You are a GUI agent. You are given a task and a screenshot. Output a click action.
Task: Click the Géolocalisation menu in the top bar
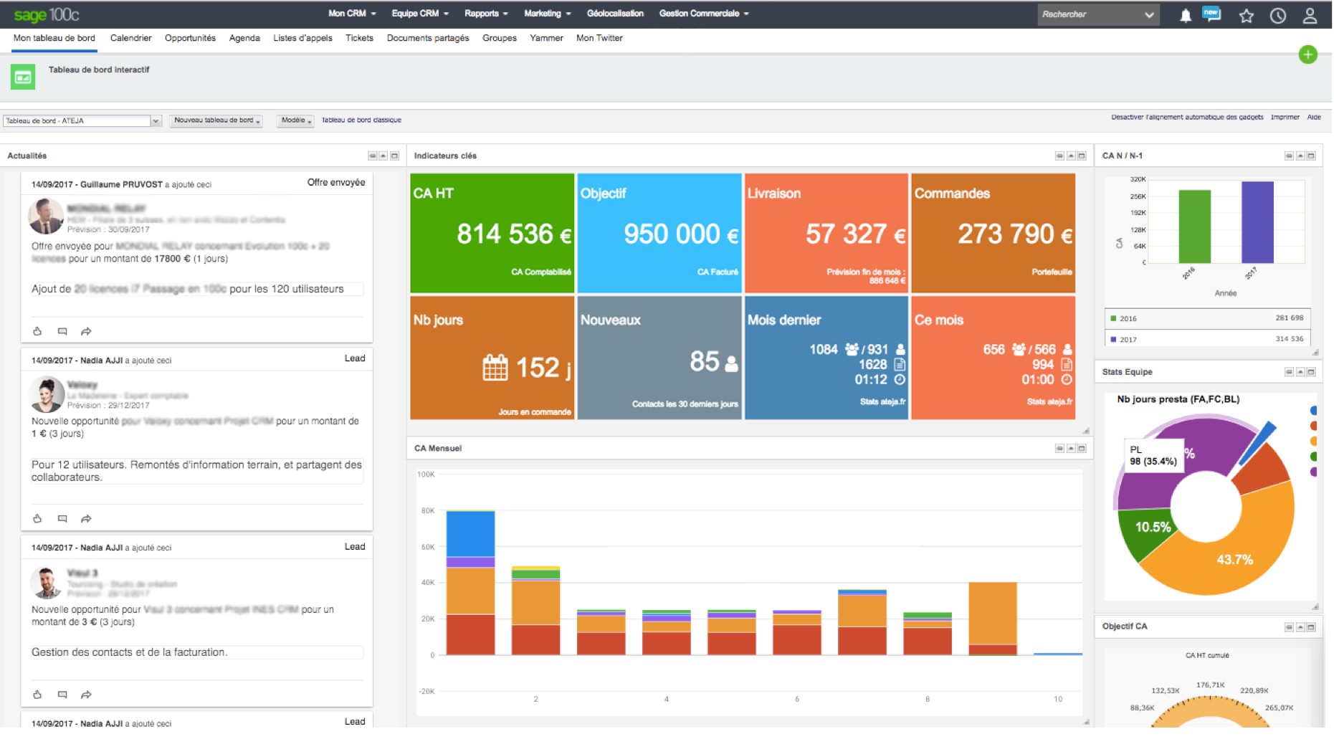pyautogui.click(x=615, y=14)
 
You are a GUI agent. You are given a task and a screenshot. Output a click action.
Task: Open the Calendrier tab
pyautogui.click(x=130, y=38)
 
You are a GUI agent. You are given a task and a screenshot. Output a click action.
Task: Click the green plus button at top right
pyautogui.click(x=1307, y=54)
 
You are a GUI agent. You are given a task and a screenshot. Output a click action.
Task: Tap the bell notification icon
pyautogui.click(x=1185, y=16)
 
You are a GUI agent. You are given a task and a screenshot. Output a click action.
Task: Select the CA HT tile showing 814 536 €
pyautogui.click(x=492, y=234)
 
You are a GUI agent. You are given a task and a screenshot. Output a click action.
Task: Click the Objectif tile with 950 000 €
pyautogui.click(x=659, y=234)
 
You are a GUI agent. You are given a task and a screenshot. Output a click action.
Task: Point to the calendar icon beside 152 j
pyautogui.click(x=495, y=368)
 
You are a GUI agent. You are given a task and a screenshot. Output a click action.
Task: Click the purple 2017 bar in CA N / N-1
pyautogui.click(x=1257, y=222)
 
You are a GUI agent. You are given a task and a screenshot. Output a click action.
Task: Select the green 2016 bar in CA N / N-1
pyautogui.click(x=1194, y=227)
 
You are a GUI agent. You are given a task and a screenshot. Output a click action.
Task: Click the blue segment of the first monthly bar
pyautogui.click(x=470, y=534)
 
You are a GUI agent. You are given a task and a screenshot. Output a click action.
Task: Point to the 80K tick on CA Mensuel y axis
pyautogui.click(x=428, y=511)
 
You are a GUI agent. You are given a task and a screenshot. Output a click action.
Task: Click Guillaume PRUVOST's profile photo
pyautogui.click(x=46, y=216)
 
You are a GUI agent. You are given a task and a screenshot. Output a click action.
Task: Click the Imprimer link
pyautogui.click(x=1285, y=117)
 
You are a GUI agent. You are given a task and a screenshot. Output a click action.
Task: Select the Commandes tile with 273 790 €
pyautogui.click(x=993, y=234)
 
